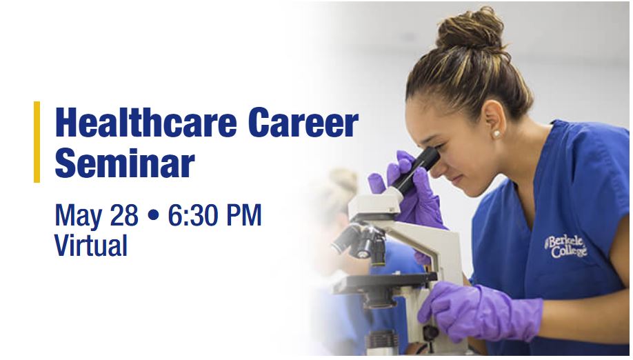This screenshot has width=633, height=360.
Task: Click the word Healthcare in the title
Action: click(145, 122)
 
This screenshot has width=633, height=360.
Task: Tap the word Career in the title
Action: click(303, 122)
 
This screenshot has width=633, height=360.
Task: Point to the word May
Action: click(79, 216)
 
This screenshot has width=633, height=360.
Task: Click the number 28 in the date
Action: click(124, 214)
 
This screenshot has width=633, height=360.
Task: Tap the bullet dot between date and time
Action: click(153, 215)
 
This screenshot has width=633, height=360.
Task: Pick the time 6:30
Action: click(192, 214)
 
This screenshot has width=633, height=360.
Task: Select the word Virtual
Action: click(91, 245)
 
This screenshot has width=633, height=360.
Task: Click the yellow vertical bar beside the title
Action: click(37, 141)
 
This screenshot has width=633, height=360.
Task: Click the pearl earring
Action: click(496, 134)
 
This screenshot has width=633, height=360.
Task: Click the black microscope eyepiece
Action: click(416, 170)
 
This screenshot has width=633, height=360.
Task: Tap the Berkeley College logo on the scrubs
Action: click(565, 246)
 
